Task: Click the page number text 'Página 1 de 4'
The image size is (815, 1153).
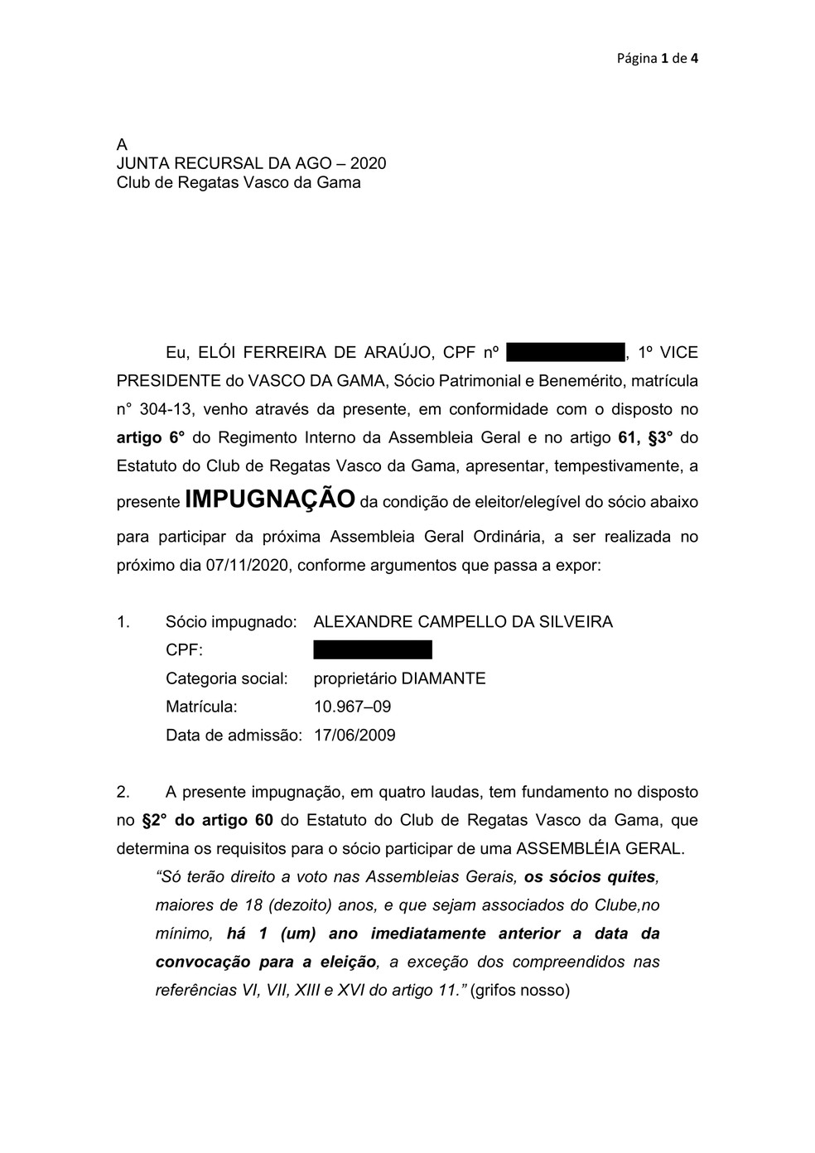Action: coord(657,58)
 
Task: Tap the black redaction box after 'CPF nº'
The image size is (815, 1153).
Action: coord(565,352)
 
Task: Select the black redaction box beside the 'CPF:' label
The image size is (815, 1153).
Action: coord(373,649)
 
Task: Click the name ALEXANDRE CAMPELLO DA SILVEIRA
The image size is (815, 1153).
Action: coord(463,621)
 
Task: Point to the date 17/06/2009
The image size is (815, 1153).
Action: coord(354,735)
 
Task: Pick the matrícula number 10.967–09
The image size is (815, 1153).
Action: coord(352,707)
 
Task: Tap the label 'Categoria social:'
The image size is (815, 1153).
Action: coord(227,678)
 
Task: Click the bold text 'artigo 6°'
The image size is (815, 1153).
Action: coord(150,437)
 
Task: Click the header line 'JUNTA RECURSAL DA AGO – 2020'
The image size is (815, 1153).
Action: coord(251,163)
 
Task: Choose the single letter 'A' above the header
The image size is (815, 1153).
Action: coord(122,145)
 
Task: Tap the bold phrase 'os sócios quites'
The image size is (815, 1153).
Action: coord(590,876)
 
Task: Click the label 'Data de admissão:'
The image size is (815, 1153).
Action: coord(234,735)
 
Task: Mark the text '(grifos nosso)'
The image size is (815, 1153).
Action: coord(519,990)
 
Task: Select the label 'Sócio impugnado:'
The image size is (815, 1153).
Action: coord(231,621)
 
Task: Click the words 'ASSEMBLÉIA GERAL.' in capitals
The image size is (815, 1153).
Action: coord(600,848)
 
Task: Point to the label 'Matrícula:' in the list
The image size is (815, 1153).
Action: coord(201,707)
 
